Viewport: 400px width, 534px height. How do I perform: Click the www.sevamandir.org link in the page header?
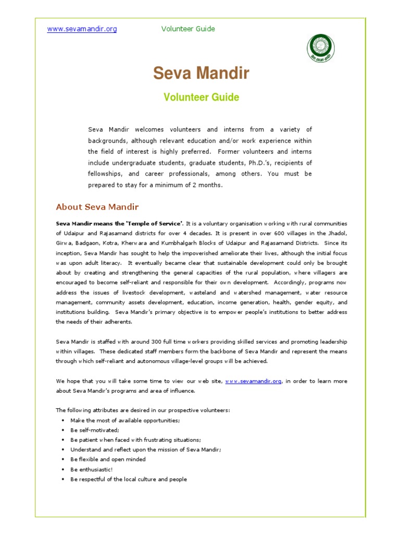[82, 29]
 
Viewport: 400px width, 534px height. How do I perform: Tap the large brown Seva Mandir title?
[201, 74]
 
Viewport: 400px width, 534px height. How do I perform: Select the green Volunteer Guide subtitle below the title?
[201, 97]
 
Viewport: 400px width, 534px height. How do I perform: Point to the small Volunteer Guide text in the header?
[188, 29]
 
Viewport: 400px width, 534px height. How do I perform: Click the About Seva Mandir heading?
[97, 207]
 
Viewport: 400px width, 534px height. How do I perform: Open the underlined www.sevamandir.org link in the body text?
[254, 381]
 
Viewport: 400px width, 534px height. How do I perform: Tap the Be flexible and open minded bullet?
[108, 459]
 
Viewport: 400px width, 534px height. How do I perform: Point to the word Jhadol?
[337, 233]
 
